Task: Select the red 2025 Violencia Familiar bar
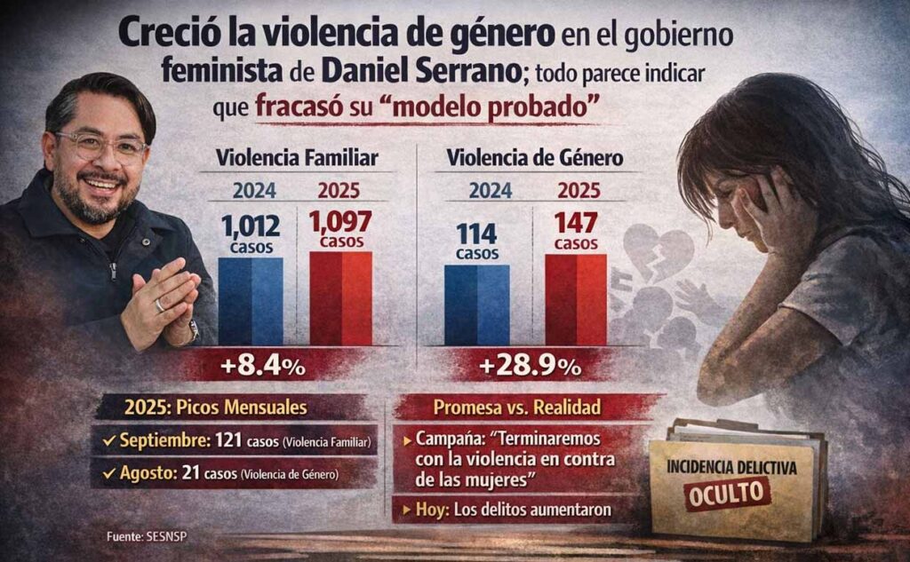click(340, 298)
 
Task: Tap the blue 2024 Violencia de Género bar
click(476, 304)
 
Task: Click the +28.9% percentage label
click(530, 365)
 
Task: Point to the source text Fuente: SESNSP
click(143, 535)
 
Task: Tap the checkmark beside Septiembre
click(108, 439)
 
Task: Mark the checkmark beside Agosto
click(108, 473)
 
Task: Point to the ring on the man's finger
click(160, 305)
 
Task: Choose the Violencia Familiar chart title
click(297, 158)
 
